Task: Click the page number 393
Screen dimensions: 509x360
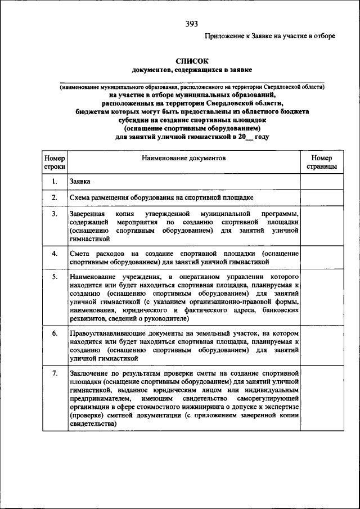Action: pyautogui.click(x=191, y=24)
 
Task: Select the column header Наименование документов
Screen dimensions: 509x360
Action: pyautogui.click(x=183, y=159)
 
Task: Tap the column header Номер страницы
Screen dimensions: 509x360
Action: pyautogui.click(x=322, y=163)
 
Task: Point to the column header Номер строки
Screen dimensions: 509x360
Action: pyautogui.click(x=55, y=163)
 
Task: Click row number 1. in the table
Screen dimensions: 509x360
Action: pyautogui.click(x=55, y=182)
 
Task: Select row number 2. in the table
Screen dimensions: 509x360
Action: pyautogui.click(x=55, y=198)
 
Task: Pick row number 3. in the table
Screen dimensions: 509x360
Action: pyautogui.click(x=55, y=215)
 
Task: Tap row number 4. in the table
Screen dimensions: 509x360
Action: pyautogui.click(x=55, y=254)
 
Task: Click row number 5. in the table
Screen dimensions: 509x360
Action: pyautogui.click(x=55, y=277)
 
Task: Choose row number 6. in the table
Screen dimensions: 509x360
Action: pyautogui.click(x=55, y=334)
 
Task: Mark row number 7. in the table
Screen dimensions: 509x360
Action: pyautogui.click(x=55, y=373)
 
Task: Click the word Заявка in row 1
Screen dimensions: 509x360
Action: pyautogui.click(x=80, y=182)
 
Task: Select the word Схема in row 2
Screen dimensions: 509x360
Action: pyautogui.click(x=81, y=198)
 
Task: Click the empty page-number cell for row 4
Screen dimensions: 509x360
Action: pyautogui.click(x=322, y=258)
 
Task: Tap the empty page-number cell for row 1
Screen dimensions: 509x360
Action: pyautogui.click(x=322, y=182)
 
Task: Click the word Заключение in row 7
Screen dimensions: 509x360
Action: pyautogui.click(x=90, y=373)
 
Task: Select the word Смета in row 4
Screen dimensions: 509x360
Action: pyautogui.click(x=81, y=254)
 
